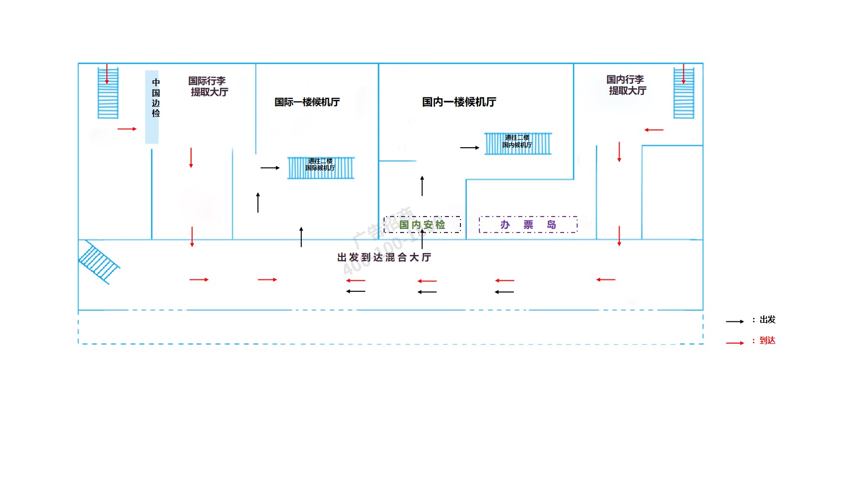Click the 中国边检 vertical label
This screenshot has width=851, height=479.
[156, 98]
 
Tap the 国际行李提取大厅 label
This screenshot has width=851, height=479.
[209, 86]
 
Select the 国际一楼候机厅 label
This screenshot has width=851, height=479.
[307, 102]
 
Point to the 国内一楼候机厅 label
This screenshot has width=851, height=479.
[459, 102]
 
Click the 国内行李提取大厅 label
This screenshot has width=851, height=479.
[627, 85]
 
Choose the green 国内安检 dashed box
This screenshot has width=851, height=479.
[422, 225]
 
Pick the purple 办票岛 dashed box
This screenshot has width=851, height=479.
[528, 225]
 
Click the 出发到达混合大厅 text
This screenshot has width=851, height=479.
[384, 257]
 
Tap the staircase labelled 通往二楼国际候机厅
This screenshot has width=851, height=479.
[321, 168]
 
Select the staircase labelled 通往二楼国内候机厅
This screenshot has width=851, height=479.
[518, 144]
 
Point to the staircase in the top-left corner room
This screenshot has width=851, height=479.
[108, 93]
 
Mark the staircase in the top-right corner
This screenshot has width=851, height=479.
[683, 93]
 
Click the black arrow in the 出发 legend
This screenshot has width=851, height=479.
[735, 322]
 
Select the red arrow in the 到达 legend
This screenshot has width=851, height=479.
[735, 343]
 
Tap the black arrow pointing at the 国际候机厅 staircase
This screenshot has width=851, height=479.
[270, 168]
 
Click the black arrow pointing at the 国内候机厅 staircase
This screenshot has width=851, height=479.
[469, 148]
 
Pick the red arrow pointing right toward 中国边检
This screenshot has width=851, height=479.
[127, 129]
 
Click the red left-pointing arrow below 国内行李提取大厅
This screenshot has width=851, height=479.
[654, 130]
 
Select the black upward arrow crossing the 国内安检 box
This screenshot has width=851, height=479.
[423, 239]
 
